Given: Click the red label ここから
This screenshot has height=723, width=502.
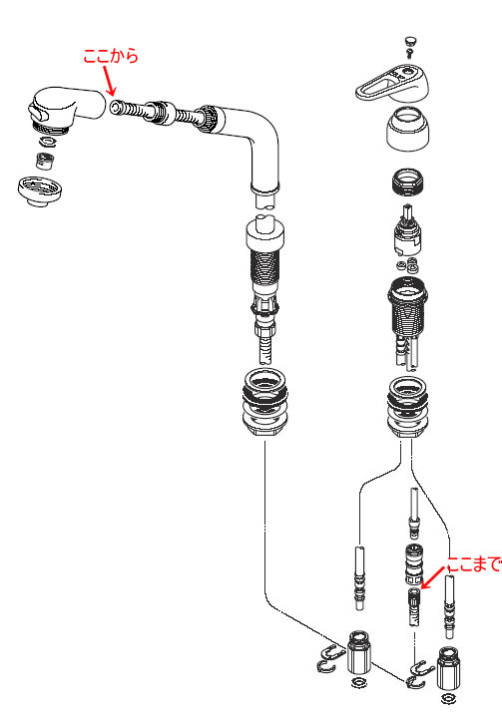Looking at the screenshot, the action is click(x=111, y=56).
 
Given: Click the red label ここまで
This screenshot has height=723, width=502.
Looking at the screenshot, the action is click(x=474, y=563).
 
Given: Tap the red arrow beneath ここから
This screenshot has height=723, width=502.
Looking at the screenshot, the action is click(x=110, y=81).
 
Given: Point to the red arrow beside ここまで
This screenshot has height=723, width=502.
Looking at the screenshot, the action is click(x=434, y=577).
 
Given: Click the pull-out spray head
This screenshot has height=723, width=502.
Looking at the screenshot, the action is click(x=66, y=110).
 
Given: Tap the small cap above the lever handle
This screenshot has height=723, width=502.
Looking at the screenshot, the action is click(x=410, y=42).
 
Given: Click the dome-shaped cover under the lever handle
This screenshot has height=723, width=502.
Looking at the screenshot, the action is click(x=408, y=129).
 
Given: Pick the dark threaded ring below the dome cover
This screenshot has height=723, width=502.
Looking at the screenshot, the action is click(x=408, y=182).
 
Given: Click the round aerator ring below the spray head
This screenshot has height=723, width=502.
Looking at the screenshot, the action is click(x=40, y=190).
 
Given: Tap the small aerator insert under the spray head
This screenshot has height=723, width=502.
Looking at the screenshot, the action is click(x=45, y=160).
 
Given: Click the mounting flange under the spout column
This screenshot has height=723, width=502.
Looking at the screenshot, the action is click(x=264, y=404).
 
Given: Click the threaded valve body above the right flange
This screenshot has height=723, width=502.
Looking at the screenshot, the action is click(x=407, y=306).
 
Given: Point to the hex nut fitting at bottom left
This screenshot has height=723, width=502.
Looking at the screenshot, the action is click(x=359, y=652).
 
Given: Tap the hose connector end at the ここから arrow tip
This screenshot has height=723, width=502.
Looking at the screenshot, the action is click(x=117, y=107).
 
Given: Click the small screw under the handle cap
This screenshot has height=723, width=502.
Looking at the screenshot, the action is click(x=409, y=53).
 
